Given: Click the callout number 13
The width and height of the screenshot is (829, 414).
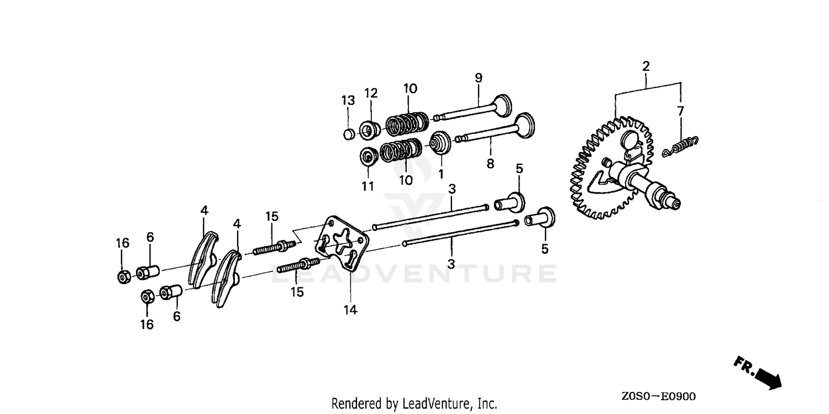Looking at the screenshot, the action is (x=348, y=100).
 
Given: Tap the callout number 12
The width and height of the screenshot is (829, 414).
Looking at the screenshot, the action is (x=371, y=93).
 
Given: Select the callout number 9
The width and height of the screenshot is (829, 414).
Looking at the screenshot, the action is (x=479, y=78).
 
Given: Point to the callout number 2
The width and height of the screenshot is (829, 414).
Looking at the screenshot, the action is (x=646, y=66).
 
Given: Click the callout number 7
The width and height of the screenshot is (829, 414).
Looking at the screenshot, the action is (x=680, y=111).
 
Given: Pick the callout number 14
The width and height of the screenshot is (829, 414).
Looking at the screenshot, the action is (x=350, y=310).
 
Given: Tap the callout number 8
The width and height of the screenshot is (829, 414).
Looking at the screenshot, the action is (x=490, y=163).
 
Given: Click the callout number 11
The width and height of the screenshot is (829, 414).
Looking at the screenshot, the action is (x=368, y=186).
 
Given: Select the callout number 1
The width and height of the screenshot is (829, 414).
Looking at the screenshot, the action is (x=441, y=174).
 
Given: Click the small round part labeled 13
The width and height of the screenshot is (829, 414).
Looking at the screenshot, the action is (x=349, y=134).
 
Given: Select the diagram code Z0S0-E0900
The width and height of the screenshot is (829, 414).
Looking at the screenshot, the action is (x=658, y=397).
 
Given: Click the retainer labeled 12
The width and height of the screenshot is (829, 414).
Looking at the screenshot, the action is (x=370, y=130).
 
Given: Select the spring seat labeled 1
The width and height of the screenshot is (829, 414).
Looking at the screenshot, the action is (x=440, y=143).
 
